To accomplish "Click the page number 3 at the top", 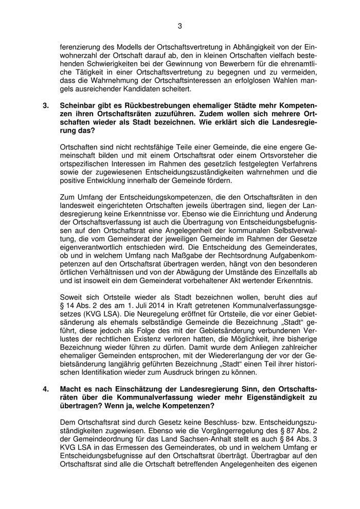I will pos(180,26).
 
